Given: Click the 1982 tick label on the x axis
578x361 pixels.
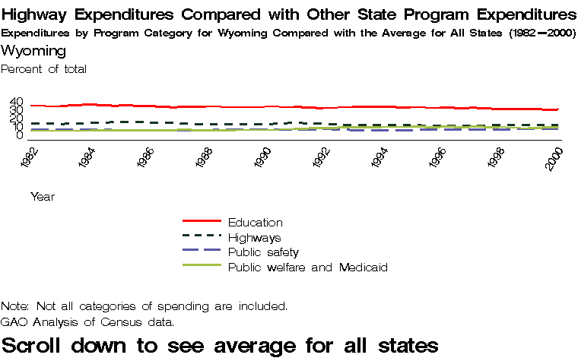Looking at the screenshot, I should coord(28,160).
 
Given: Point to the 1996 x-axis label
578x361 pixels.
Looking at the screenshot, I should coord(439,160).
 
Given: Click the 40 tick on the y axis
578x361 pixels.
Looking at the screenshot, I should coord(17,103).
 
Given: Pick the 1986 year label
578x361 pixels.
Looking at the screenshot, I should coord(145,160).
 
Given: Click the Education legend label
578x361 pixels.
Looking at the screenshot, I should coord(255,223).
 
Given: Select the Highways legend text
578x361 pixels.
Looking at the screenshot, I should coord(254,238).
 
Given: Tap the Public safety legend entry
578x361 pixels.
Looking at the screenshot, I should coord(263,252).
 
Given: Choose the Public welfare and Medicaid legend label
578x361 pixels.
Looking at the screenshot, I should coord(308,268).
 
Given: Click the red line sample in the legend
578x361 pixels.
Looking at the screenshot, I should coord(202,221).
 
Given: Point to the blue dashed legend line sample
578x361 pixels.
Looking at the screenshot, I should coord(202,251).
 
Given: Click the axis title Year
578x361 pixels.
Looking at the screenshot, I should coord(43,197).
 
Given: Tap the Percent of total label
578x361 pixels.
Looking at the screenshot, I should coord(44,69).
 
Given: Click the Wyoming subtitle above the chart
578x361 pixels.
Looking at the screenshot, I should coord(33,51).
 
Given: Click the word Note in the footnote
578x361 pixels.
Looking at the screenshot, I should coord(14,306).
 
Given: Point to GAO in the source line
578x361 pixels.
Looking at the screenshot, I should coord(14,321).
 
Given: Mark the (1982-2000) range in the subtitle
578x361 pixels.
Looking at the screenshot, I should coord(542,33).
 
